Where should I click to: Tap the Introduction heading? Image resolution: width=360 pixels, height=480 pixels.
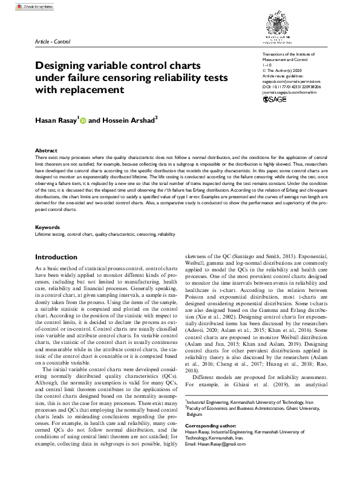(x=56, y=257)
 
